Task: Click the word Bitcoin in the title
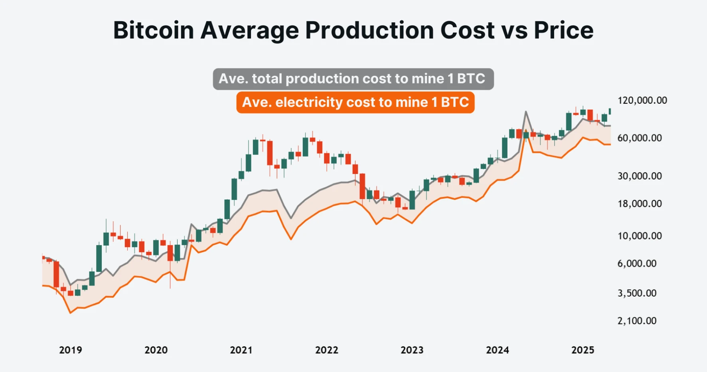click(x=154, y=30)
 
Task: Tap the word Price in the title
click(x=563, y=30)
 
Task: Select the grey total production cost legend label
click(x=353, y=79)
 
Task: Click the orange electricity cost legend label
click(x=355, y=102)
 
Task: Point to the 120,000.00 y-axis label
click(x=642, y=101)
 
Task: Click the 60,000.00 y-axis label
click(x=639, y=138)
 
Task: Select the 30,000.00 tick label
click(x=639, y=176)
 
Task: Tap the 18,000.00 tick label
click(x=639, y=204)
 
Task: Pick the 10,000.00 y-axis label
click(x=639, y=236)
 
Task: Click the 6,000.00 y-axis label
click(x=637, y=263)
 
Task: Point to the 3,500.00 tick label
click(x=637, y=293)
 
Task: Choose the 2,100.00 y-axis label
click(x=637, y=321)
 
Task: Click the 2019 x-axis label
click(x=71, y=350)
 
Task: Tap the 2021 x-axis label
click(x=241, y=350)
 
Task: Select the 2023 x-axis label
click(x=412, y=350)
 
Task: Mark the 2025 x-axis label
click(x=583, y=350)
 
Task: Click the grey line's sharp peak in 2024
click(x=526, y=112)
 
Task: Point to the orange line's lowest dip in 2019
click(x=71, y=313)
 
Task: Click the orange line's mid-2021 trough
click(x=291, y=239)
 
